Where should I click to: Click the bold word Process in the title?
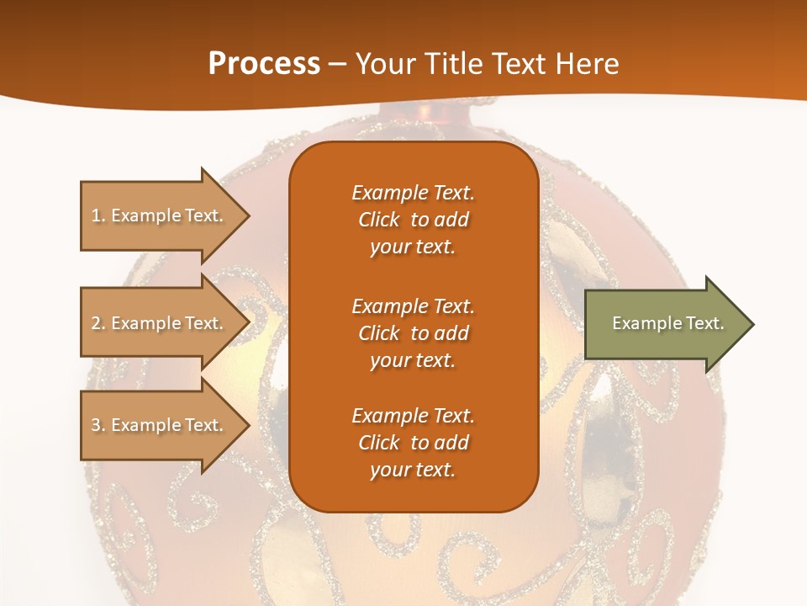[264, 63]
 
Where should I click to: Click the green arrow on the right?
[664, 323]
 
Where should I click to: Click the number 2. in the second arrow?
[98, 323]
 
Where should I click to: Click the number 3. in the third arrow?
[98, 425]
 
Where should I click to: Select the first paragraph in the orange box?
[413, 220]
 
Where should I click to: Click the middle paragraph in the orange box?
[413, 332]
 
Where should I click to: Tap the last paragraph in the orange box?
[413, 443]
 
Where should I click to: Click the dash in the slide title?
[338, 63]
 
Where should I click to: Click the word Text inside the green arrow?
[705, 323]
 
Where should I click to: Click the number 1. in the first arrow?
[98, 215]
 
